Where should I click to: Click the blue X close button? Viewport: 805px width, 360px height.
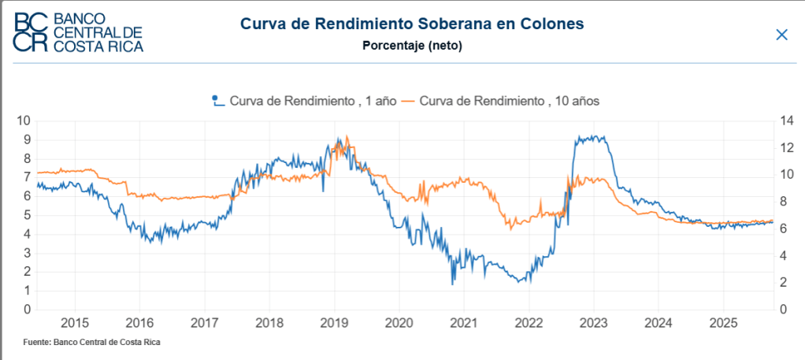point(781,35)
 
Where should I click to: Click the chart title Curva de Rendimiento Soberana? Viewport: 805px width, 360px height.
point(412,24)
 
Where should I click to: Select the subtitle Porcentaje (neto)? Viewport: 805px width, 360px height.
point(412,46)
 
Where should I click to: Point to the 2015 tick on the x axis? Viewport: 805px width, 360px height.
point(75,323)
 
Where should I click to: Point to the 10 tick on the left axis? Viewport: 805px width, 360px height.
point(23,121)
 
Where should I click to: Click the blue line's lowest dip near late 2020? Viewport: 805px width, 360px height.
point(453,284)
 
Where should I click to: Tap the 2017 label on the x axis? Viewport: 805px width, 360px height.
point(204,323)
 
